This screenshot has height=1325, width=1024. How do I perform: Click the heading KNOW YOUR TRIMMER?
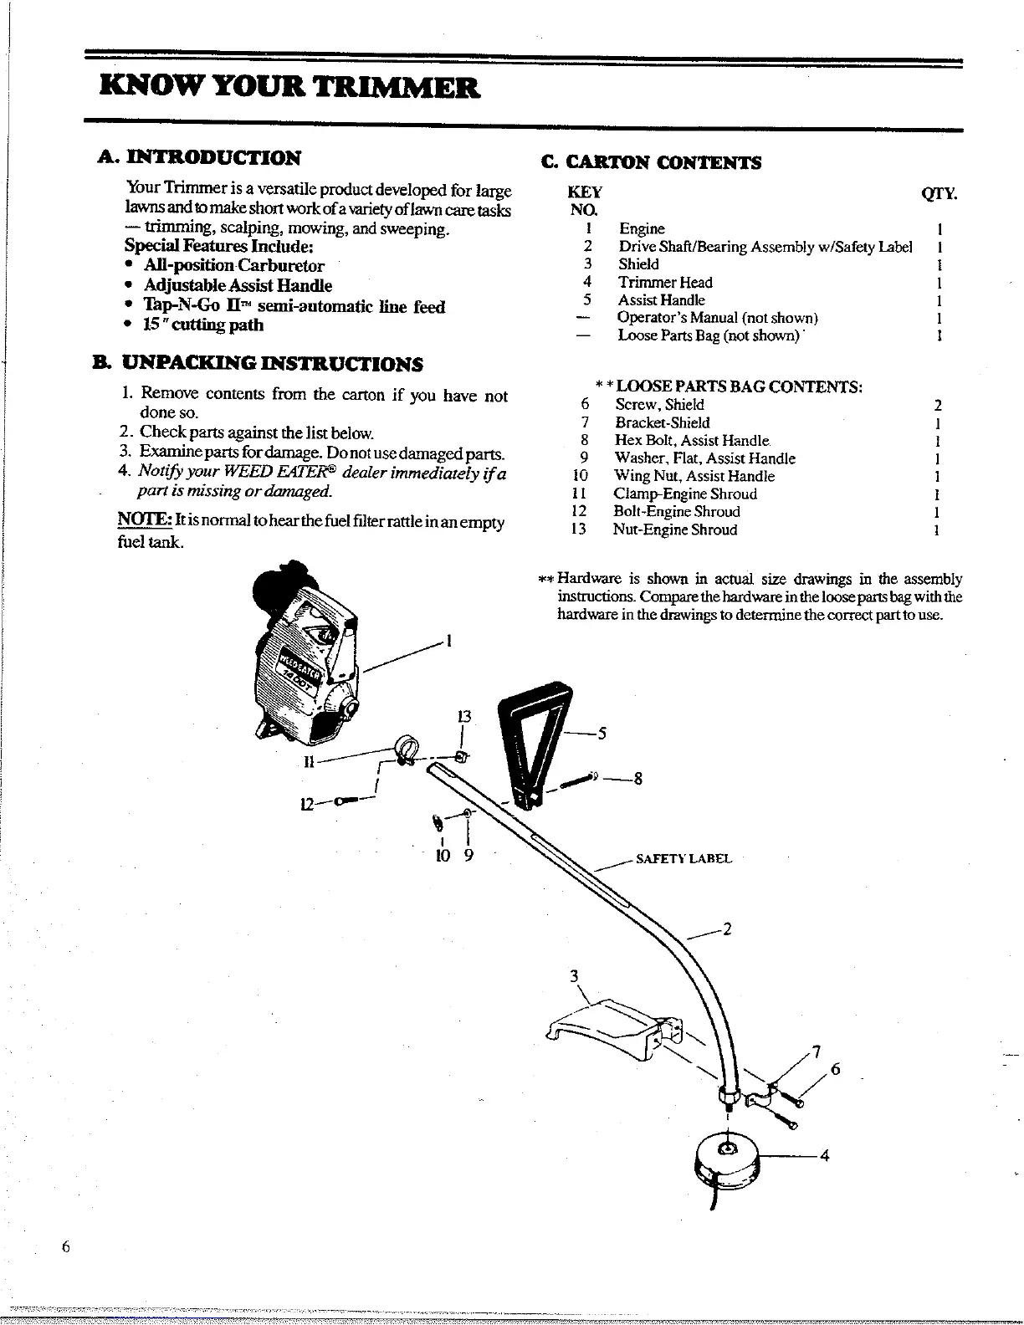coord(289,87)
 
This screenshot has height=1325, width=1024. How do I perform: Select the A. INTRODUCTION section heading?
coord(198,157)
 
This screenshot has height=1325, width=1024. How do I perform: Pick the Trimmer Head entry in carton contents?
coord(665,283)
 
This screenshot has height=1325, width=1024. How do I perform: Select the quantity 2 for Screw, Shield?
coord(938,406)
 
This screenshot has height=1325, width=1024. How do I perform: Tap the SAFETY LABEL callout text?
coord(684,859)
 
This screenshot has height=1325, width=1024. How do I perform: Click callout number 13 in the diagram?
coord(463,717)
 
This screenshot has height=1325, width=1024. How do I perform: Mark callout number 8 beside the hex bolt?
coord(637,779)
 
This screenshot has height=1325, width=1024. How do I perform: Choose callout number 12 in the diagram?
coord(307,804)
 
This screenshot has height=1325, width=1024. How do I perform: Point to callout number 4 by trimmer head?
coord(824,1157)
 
